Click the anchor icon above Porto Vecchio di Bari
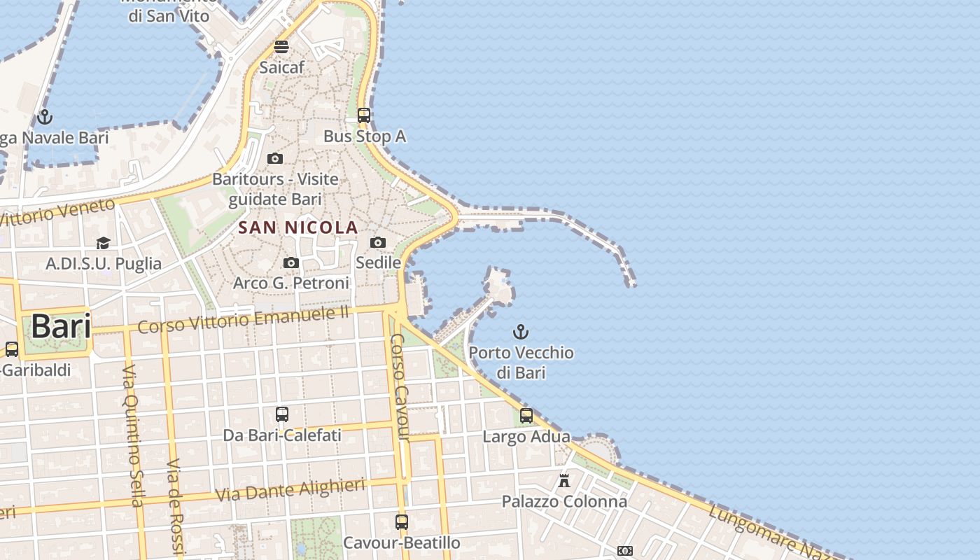tap(521, 331)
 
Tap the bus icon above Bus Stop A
tap(364, 115)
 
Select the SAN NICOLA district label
tap(298, 227)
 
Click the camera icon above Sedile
tap(378, 242)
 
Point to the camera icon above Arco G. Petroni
tap(291, 262)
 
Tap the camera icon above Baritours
tap(275, 158)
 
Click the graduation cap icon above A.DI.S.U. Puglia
tap(104, 243)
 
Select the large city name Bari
tap(61, 327)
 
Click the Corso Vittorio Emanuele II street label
tap(244, 320)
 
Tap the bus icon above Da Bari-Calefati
tap(282, 414)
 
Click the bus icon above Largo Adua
tap(526, 416)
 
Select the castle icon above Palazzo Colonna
tap(564, 480)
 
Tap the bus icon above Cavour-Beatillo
tap(402, 521)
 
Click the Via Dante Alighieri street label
tap(290, 490)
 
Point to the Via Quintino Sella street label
tap(132, 435)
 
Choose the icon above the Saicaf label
tap(281, 47)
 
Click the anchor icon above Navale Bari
tap(45, 117)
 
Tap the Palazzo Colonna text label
tap(564, 502)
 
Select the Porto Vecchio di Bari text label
tap(521, 363)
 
